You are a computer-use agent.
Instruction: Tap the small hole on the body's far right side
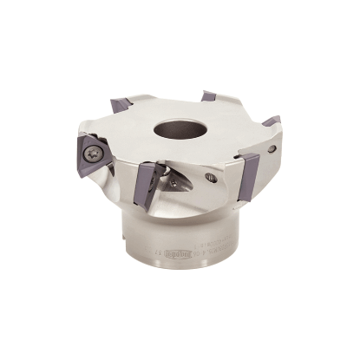275,149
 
